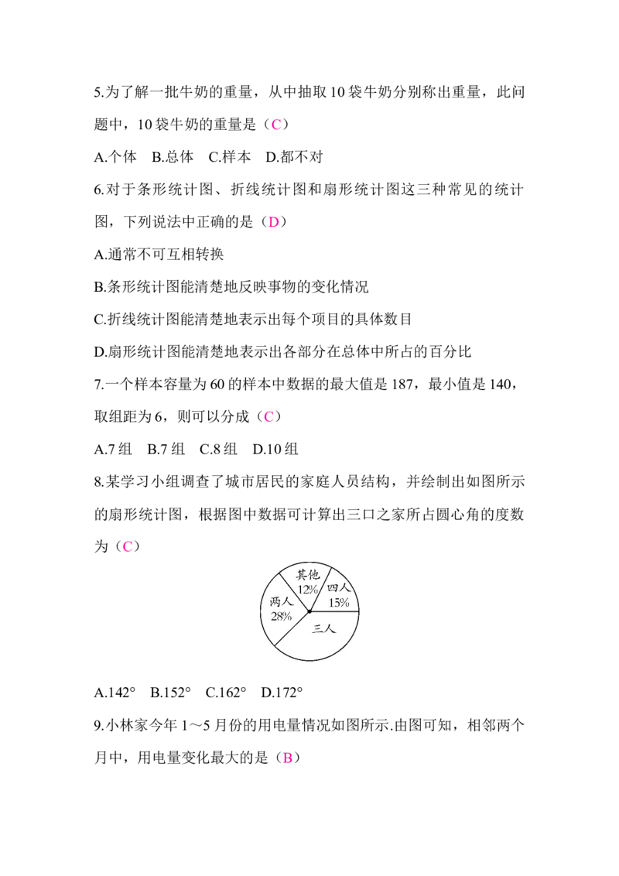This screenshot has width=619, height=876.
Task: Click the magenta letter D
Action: tap(273, 222)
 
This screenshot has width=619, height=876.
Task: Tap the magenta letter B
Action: tap(287, 758)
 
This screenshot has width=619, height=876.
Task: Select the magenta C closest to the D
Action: tap(277, 124)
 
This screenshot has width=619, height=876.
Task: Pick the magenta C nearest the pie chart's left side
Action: tap(128, 546)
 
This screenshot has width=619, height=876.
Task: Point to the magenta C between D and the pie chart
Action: tap(268, 416)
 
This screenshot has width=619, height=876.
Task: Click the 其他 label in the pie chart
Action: tap(307, 575)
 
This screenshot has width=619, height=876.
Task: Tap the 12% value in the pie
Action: tap(307, 589)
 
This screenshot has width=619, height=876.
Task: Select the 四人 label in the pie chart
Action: tap(339, 589)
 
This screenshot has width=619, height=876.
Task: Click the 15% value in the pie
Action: tap(338, 603)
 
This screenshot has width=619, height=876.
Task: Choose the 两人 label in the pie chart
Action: tap(281, 602)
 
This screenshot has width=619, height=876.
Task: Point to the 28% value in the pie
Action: tap(281, 616)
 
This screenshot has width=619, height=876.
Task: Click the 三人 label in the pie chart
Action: tap(324, 629)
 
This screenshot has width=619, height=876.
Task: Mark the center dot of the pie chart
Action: tap(309, 611)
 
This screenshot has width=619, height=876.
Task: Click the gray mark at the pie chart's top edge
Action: tap(309, 559)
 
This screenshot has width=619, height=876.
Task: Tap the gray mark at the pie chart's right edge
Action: tap(361, 611)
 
